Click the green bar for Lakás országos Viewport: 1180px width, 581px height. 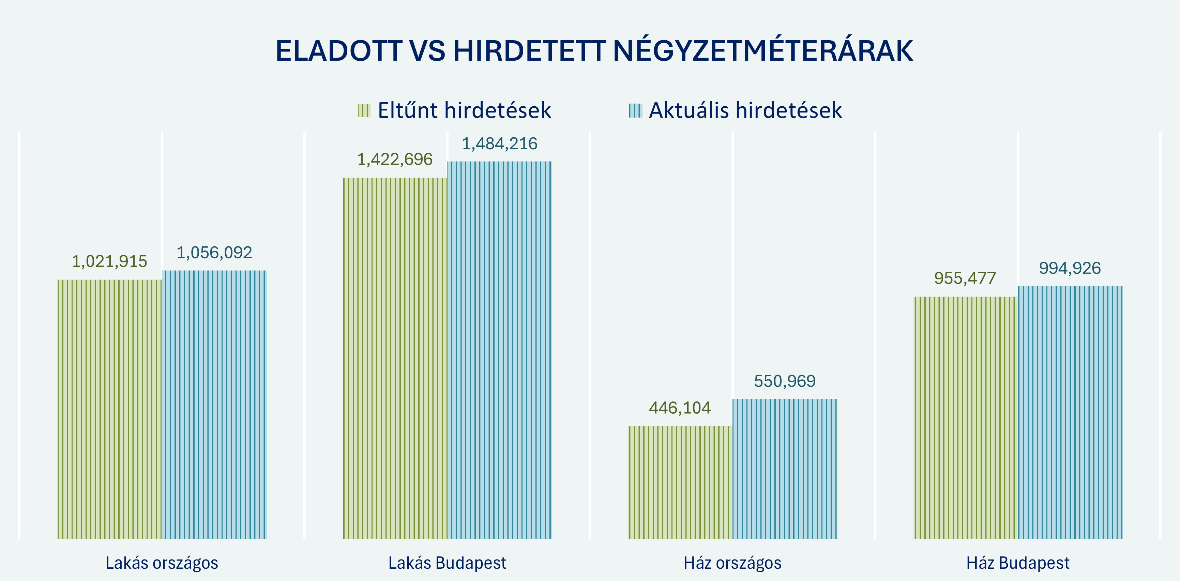110,409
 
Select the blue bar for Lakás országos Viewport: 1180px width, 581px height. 214,404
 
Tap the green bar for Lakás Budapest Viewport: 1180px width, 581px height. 395,358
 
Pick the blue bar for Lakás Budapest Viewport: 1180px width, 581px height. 500,350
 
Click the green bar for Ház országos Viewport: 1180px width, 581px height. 680,482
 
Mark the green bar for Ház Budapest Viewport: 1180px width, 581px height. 965,417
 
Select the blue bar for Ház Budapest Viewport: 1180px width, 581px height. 1070,412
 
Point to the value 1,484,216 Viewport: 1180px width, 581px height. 499,144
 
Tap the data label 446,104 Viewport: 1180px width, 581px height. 680,408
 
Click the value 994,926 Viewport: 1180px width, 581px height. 1070,268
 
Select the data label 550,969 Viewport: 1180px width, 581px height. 785,381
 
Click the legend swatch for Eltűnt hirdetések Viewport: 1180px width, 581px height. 364,111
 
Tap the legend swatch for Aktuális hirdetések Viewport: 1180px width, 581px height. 635,111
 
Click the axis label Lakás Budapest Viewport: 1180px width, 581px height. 447,563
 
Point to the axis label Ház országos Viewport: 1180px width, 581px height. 732,563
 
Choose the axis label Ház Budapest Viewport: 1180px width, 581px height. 1018,563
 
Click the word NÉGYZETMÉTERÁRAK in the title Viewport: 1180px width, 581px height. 763,51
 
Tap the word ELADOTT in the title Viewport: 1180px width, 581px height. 339,51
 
